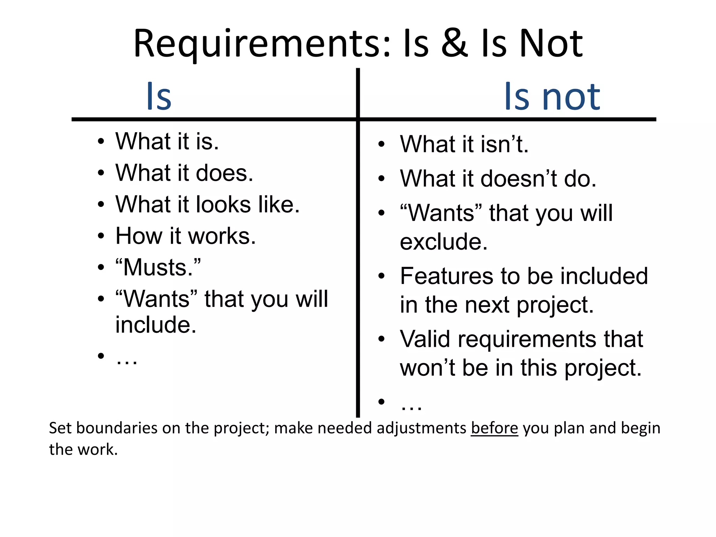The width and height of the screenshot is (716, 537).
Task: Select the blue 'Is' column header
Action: coord(159,96)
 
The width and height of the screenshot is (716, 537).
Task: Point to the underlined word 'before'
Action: coord(494,428)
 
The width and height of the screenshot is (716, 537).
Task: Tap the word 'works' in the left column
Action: coord(222,236)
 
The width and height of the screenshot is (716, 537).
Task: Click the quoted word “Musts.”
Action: coord(158,267)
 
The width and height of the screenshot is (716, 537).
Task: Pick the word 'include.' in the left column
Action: coord(156,325)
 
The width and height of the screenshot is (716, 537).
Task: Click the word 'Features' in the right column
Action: coord(447,276)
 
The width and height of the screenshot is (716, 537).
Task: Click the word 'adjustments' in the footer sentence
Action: coord(421,429)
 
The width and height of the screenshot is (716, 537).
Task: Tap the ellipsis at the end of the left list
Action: coord(127,360)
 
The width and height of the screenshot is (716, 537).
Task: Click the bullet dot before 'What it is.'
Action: coord(101,142)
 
